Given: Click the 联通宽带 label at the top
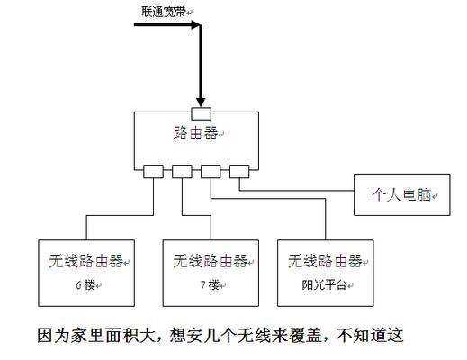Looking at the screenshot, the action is click(x=164, y=12).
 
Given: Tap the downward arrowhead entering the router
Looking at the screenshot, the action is click(x=201, y=102).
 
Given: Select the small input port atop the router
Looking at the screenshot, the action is click(x=201, y=114).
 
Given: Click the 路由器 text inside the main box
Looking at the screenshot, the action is click(x=195, y=132).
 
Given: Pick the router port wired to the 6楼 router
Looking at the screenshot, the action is click(x=153, y=172).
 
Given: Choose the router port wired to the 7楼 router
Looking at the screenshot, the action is click(x=182, y=172).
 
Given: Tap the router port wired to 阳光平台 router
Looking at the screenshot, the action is click(x=211, y=172).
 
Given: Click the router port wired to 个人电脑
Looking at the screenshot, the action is click(x=239, y=172).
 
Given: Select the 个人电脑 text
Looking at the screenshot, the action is click(x=401, y=194).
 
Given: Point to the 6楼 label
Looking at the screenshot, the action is click(x=85, y=284).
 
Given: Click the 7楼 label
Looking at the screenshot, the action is click(x=210, y=284).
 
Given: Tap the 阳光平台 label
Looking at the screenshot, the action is click(x=324, y=284).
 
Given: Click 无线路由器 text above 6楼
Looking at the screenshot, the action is click(x=86, y=261).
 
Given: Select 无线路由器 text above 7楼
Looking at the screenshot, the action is click(x=211, y=261).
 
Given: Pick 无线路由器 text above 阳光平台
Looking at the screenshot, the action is click(x=325, y=261).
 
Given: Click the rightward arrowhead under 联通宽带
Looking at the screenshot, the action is click(x=195, y=24).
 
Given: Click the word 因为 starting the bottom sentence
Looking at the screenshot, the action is click(x=54, y=335).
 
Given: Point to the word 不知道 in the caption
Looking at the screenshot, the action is click(x=362, y=335).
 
